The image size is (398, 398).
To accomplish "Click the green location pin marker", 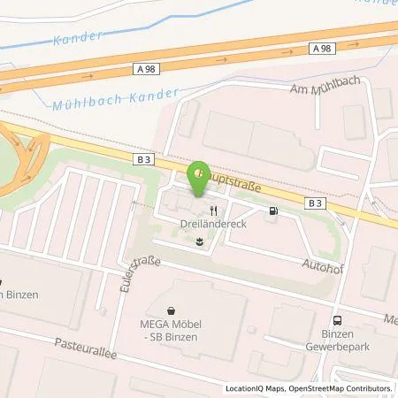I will pos(200,174).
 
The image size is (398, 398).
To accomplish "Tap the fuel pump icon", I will pos(272,211).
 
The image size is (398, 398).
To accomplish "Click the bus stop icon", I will pos(336,321).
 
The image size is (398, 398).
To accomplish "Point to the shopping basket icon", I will pos(172,310).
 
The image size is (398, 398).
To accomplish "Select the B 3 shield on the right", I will pos(314,203).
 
